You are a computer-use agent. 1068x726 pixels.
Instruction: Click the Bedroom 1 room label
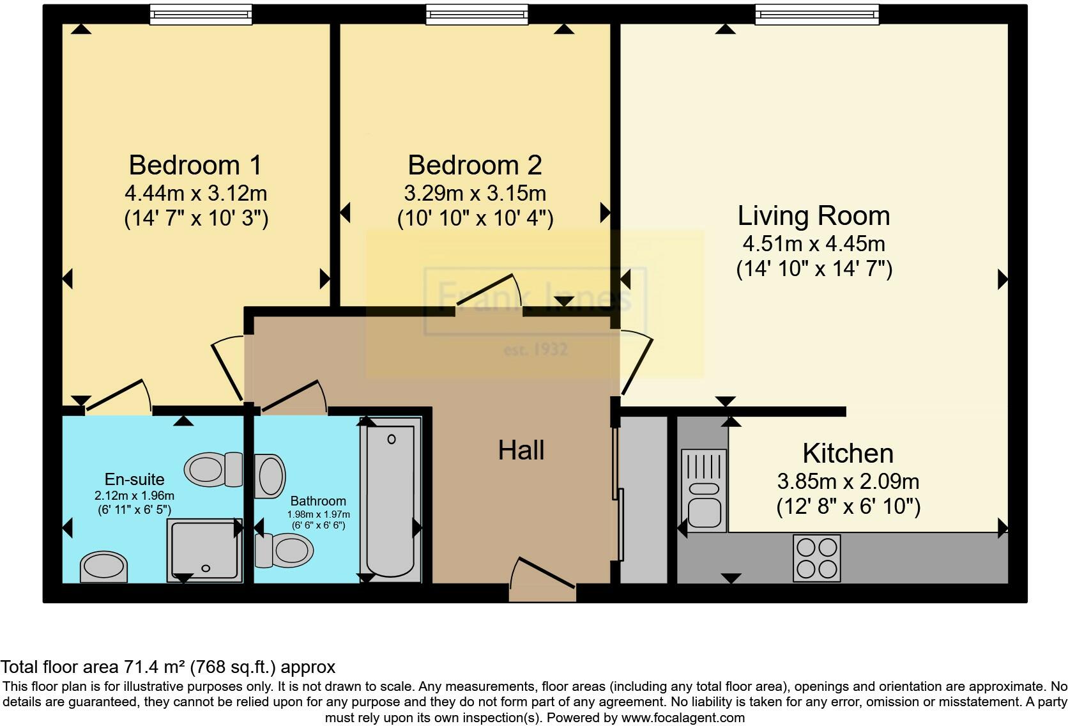click(x=195, y=165)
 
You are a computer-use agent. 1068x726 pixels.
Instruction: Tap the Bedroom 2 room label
click(x=475, y=165)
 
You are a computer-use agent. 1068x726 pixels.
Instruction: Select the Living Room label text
click(x=814, y=215)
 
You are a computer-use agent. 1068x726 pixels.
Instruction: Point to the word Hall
click(x=521, y=450)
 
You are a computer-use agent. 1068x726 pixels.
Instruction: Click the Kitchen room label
click(x=848, y=453)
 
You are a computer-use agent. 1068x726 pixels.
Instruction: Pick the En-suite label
click(x=134, y=479)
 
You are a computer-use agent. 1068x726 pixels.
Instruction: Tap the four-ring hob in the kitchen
click(x=817, y=558)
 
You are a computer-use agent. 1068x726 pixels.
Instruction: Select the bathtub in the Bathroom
click(x=390, y=500)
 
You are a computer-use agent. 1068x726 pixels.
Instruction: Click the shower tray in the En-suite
click(x=204, y=550)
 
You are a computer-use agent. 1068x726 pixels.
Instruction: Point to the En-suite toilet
click(x=213, y=470)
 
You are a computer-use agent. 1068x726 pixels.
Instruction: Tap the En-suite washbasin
click(x=104, y=567)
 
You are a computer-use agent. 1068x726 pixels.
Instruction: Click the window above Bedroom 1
click(x=201, y=15)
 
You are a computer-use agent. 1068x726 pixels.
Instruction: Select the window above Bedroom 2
click(x=477, y=15)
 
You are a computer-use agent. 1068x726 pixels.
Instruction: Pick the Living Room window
click(x=817, y=15)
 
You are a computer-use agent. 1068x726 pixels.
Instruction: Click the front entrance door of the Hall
click(x=542, y=580)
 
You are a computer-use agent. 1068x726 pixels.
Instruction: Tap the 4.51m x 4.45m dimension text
click(x=814, y=243)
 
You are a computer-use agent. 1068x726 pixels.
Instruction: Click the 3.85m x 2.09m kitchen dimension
click(x=848, y=481)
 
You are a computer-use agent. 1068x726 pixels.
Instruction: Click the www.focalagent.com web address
click(x=683, y=718)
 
